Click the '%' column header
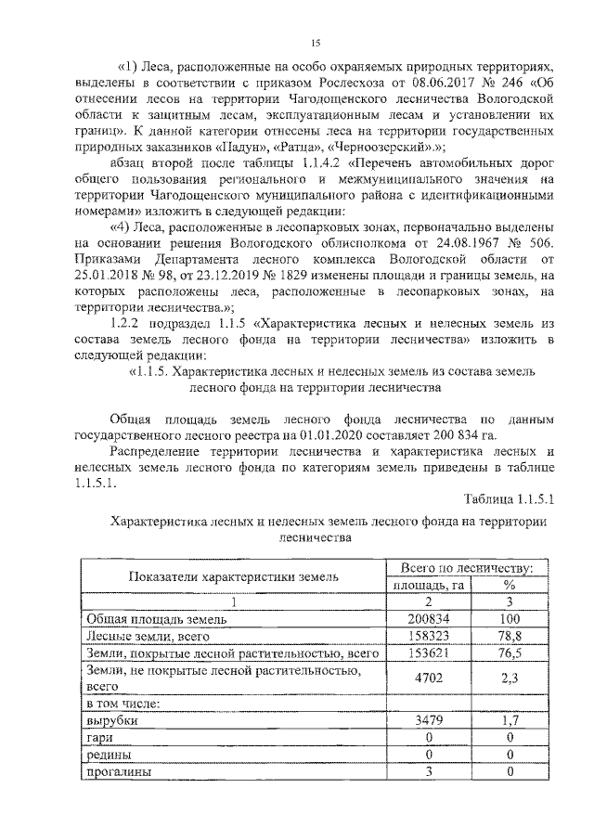pos(509,585)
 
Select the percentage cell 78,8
pos(509,637)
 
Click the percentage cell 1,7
pos(509,719)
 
